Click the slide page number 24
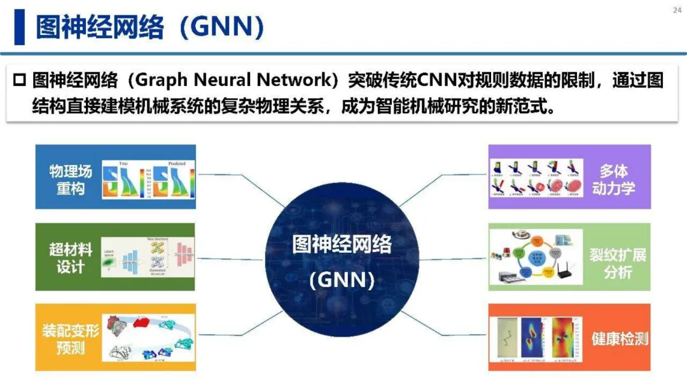[x=676, y=10]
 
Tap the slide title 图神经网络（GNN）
[x=149, y=27]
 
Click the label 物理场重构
[x=71, y=179]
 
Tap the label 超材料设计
[x=71, y=258]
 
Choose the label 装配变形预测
[x=71, y=339]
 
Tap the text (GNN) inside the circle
[x=342, y=280]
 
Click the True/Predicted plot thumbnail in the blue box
[x=148, y=179]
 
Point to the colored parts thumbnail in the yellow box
[x=148, y=338]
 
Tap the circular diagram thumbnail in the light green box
[x=536, y=258]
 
